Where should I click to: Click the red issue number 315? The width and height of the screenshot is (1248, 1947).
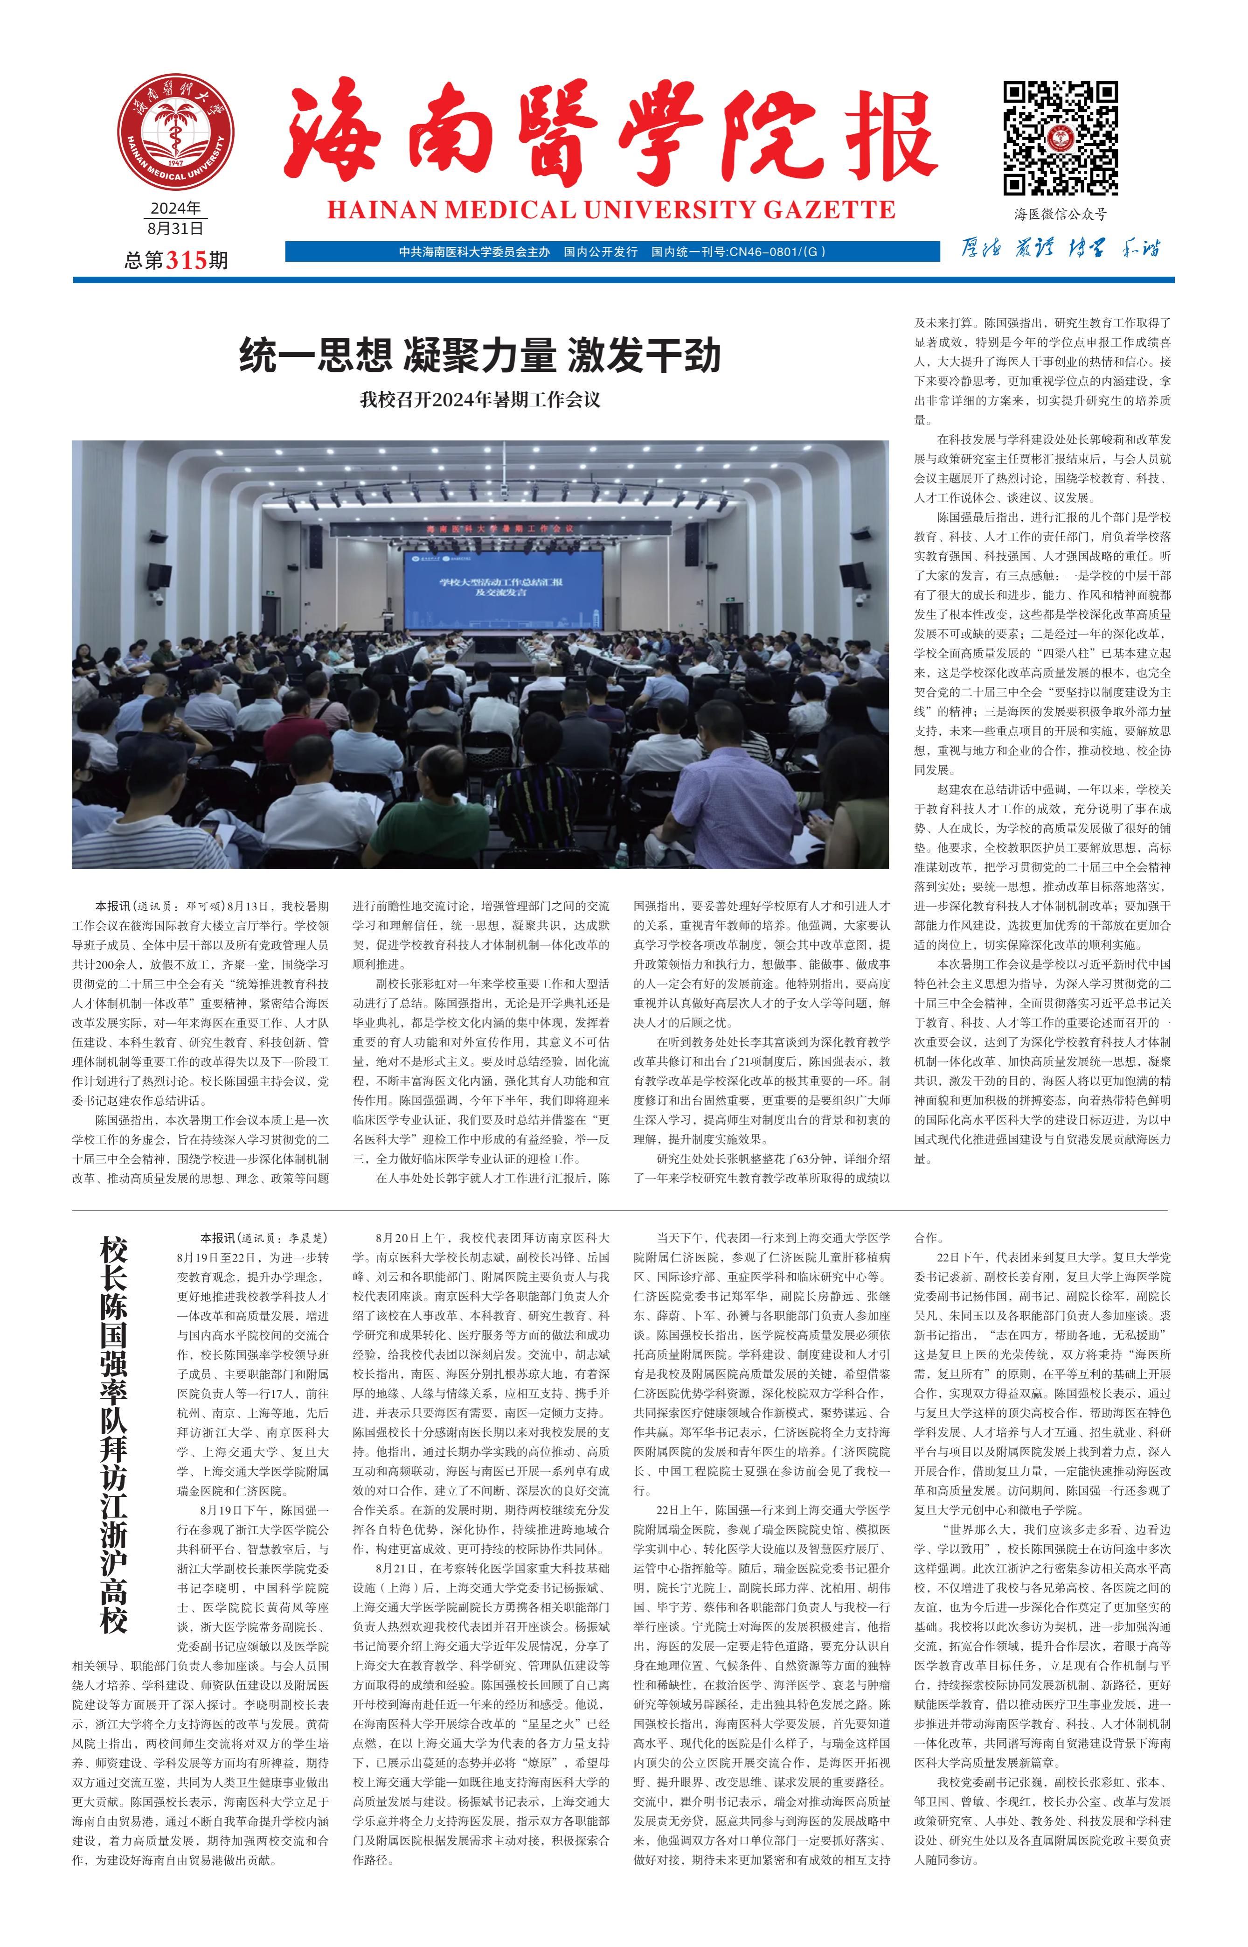pyautogui.click(x=187, y=260)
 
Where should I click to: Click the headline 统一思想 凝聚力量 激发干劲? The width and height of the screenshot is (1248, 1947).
pyautogui.click(x=480, y=356)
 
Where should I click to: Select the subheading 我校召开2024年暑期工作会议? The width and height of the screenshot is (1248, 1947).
pyautogui.click(x=480, y=400)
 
